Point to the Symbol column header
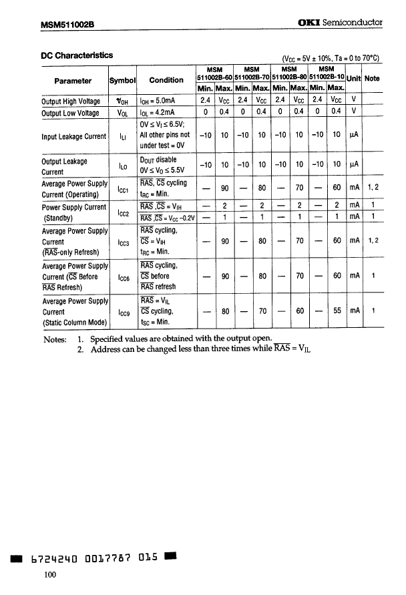[122, 80]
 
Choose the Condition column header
[166, 80]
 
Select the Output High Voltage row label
[71, 102]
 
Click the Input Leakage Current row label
[73, 136]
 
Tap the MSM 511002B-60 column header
[214, 73]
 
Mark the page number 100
[49, 576]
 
